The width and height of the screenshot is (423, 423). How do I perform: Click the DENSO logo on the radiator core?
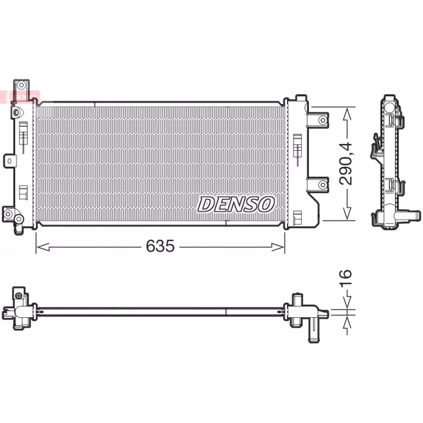pos(236,204)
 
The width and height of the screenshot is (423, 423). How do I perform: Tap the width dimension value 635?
pos(160,246)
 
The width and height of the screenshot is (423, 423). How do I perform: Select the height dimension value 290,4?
pos(346,163)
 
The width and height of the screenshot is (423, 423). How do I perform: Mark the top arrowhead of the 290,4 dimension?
pos(347,112)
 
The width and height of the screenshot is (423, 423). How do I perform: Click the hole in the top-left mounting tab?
pos(21,85)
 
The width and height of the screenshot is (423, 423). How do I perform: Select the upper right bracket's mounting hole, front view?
pos(323,120)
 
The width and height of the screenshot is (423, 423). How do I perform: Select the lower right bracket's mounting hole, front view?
pos(323,185)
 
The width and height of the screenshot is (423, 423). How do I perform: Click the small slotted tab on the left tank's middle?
pos(10,161)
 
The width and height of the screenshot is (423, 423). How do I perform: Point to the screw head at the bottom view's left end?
pos(20,295)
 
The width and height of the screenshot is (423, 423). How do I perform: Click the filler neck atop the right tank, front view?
pos(300,99)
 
